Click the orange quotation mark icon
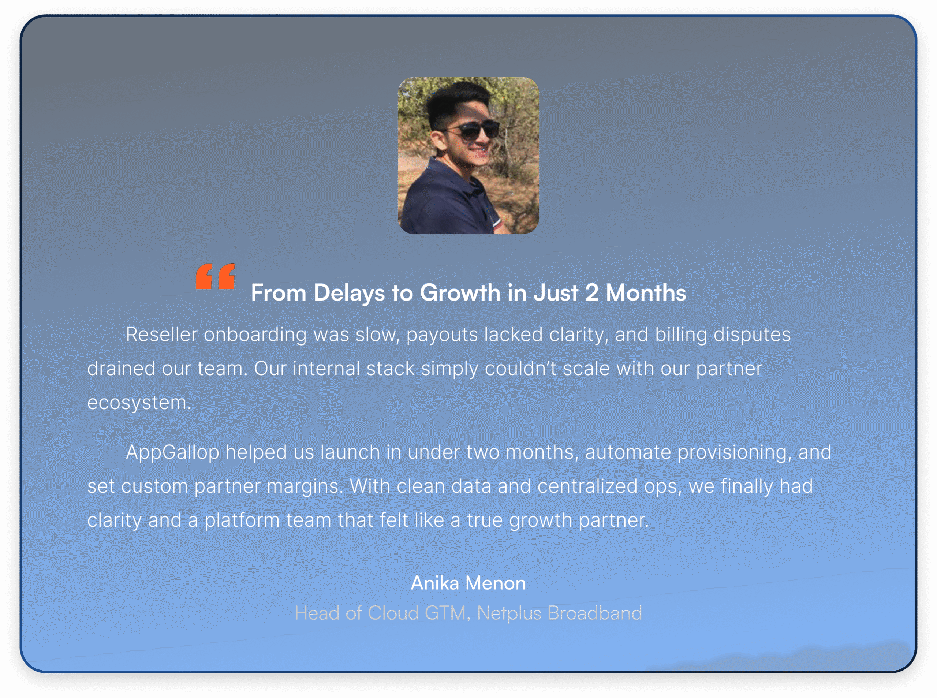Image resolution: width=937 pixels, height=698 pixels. click(215, 276)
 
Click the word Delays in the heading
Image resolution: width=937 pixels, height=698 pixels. click(349, 292)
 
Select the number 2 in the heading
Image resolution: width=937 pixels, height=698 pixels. click(591, 292)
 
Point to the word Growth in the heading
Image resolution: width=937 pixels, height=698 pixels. click(460, 292)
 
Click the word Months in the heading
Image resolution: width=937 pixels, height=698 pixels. click(646, 292)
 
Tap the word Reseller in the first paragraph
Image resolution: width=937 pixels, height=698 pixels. click(161, 335)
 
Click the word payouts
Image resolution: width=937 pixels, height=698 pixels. click(442, 335)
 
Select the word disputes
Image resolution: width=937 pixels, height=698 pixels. click(752, 335)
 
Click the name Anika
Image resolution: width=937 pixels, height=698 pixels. click(435, 583)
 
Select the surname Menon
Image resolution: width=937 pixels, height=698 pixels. click(496, 583)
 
